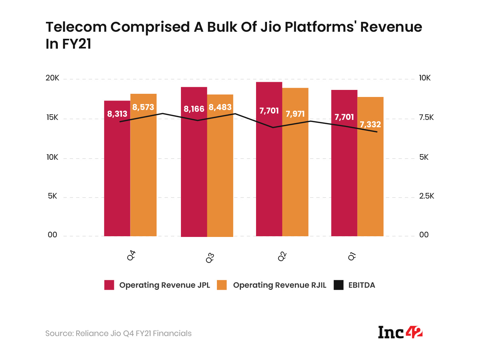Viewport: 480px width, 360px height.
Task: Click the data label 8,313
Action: [x=117, y=114]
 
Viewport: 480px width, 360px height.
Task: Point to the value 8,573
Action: [x=143, y=107]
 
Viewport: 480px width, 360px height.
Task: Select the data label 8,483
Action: [x=220, y=107]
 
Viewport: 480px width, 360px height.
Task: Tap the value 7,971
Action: [x=295, y=114]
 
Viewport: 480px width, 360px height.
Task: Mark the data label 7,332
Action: [x=370, y=124]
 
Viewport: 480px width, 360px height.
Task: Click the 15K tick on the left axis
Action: [x=52, y=118]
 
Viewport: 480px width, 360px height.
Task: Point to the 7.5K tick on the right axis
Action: [x=426, y=118]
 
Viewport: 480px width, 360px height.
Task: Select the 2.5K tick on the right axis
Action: [x=426, y=196]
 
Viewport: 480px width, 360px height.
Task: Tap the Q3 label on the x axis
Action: [x=210, y=258]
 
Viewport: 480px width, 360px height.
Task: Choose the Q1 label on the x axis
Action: [x=352, y=256]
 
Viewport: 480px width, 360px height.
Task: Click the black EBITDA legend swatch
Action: [x=339, y=285]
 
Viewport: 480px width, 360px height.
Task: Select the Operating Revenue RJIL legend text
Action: [x=279, y=285]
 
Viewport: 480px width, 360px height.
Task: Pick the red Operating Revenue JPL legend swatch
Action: [x=109, y=285]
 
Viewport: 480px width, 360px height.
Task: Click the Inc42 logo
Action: [x=400, y=332]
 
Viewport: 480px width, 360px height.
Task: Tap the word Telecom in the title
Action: [x=76, y=27]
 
